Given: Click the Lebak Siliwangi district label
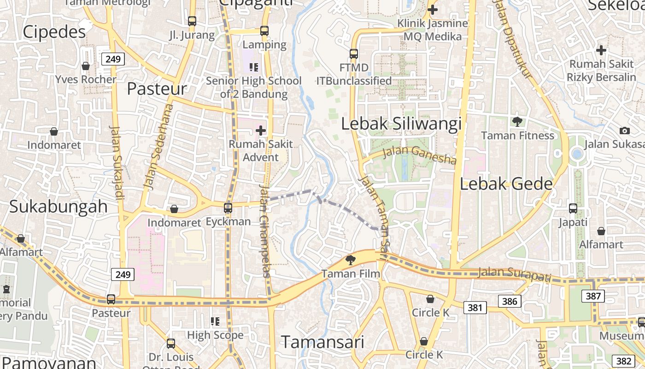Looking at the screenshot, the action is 401,124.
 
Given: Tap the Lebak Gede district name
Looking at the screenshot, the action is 506,184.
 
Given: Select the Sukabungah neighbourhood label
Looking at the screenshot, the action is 59,207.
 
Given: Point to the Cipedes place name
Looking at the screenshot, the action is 54,32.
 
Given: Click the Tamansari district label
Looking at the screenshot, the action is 322,342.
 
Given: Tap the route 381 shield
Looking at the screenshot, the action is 475,307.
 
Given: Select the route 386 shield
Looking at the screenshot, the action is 510,302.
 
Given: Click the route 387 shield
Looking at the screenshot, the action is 592,296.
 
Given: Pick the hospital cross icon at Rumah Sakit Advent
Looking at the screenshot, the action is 261,131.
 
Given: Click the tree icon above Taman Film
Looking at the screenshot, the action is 351,260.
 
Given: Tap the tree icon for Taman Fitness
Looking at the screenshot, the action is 517,122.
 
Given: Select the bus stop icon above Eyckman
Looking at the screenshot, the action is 228,208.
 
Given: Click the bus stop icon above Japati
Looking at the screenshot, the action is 573,208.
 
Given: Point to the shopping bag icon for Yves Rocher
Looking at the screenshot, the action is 86,66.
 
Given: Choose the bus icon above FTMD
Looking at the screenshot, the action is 353,54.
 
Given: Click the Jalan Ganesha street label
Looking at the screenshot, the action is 420,155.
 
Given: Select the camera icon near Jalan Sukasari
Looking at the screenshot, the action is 624,131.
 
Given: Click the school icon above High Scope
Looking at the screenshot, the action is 215,321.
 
